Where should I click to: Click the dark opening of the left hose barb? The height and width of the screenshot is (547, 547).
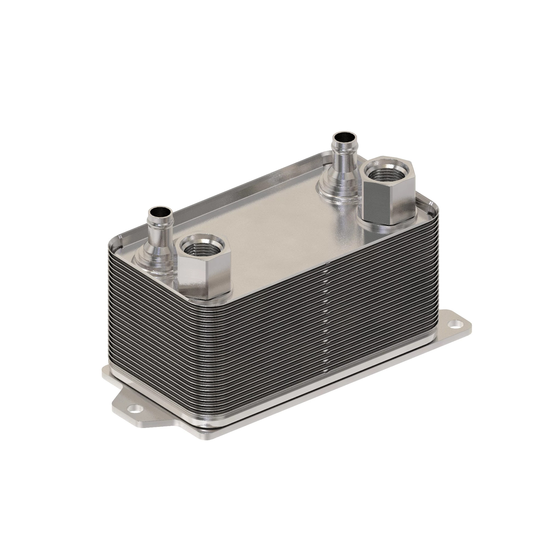161,211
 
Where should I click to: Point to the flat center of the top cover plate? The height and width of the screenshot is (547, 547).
272,221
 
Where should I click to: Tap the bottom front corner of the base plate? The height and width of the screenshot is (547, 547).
208,437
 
